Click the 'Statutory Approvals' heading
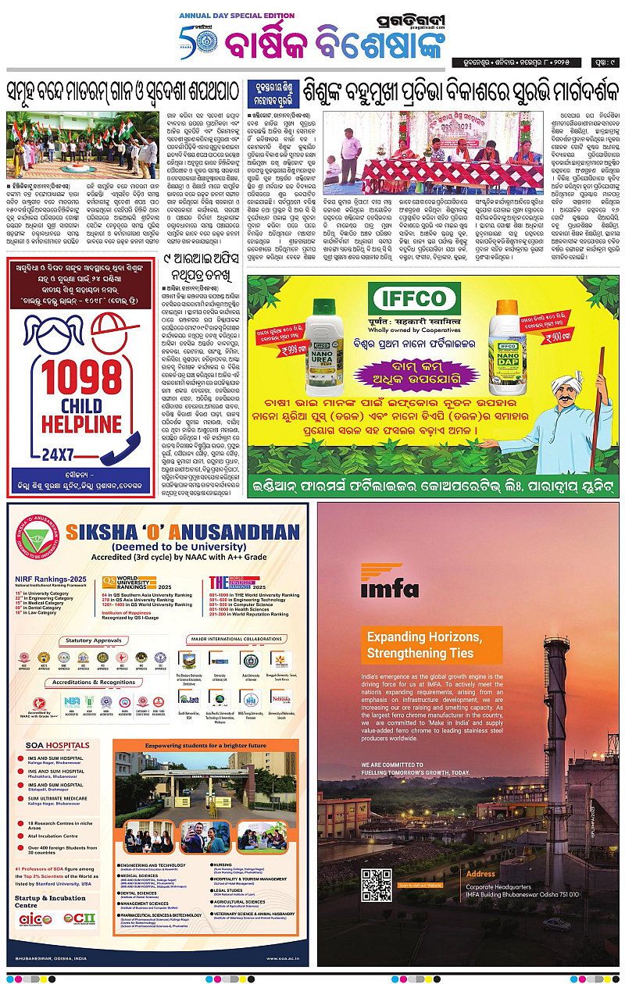coord(95,640)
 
